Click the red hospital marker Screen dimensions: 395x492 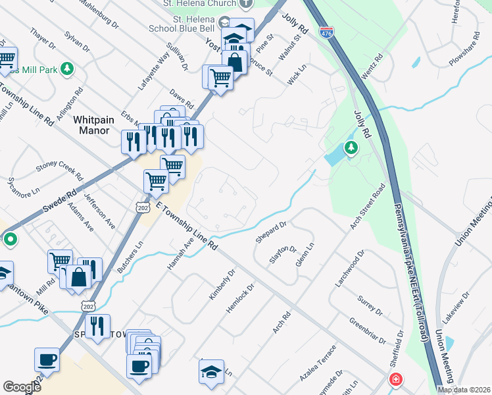coord(395,379)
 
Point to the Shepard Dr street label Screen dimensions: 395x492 coord(271,232)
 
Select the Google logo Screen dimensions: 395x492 coord(22,387)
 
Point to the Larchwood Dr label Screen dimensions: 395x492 coord(349,268)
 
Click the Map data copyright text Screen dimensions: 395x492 coord(464,390)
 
